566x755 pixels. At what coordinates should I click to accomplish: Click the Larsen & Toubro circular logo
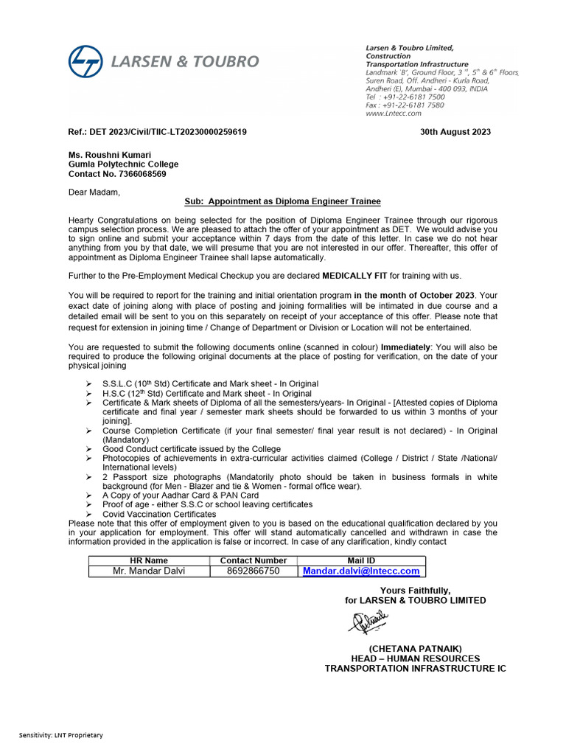85,61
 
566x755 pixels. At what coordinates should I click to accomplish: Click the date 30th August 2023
455,132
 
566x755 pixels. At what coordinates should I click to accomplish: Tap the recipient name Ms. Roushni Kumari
110,155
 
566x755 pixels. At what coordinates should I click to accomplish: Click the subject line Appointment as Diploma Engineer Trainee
282,201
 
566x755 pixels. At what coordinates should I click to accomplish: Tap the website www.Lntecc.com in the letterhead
394,114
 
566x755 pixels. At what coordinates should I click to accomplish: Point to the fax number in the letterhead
405,105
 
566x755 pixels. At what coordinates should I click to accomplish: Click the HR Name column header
149,560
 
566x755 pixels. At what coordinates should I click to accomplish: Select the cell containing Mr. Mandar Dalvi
149,571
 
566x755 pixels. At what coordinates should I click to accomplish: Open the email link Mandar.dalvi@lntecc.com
361,571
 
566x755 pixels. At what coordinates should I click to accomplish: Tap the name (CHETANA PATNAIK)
415,648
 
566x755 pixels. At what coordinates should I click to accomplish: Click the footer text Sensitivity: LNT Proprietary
61,735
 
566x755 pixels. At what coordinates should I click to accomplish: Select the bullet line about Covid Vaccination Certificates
159,514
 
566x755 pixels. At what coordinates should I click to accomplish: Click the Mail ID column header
361,560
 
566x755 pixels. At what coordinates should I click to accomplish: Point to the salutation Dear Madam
94,192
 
